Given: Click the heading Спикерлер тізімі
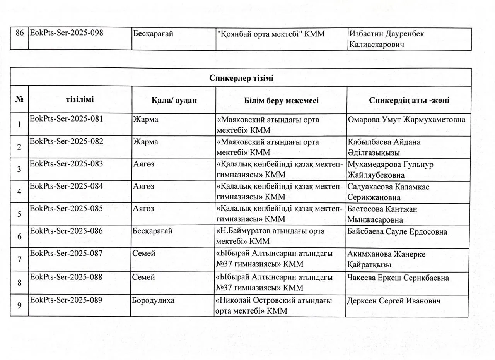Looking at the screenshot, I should pos(241,78).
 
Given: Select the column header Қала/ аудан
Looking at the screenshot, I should pos(174,100).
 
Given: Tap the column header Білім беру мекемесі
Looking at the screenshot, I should pos(281,101).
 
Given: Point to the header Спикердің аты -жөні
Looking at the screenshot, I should pos(409,100).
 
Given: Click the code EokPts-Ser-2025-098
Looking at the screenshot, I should pos(67,33).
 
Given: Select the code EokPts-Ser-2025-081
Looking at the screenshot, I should pos(67,119).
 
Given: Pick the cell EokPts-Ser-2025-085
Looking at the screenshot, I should pos(67,208).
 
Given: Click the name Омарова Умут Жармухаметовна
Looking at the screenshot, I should pos(406,120).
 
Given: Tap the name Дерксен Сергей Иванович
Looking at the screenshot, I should pos(394,301).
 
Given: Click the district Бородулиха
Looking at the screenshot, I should pos(154,300).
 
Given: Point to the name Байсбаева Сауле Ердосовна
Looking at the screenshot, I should pos(397,232).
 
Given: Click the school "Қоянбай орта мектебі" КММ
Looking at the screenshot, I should pos(271,34).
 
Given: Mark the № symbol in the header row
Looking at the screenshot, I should pos(19,99).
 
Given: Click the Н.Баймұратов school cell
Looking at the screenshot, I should pos(271,237).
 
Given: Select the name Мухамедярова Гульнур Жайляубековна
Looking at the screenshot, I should pos(390,170).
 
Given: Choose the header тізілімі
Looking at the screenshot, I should pos(80,99).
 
